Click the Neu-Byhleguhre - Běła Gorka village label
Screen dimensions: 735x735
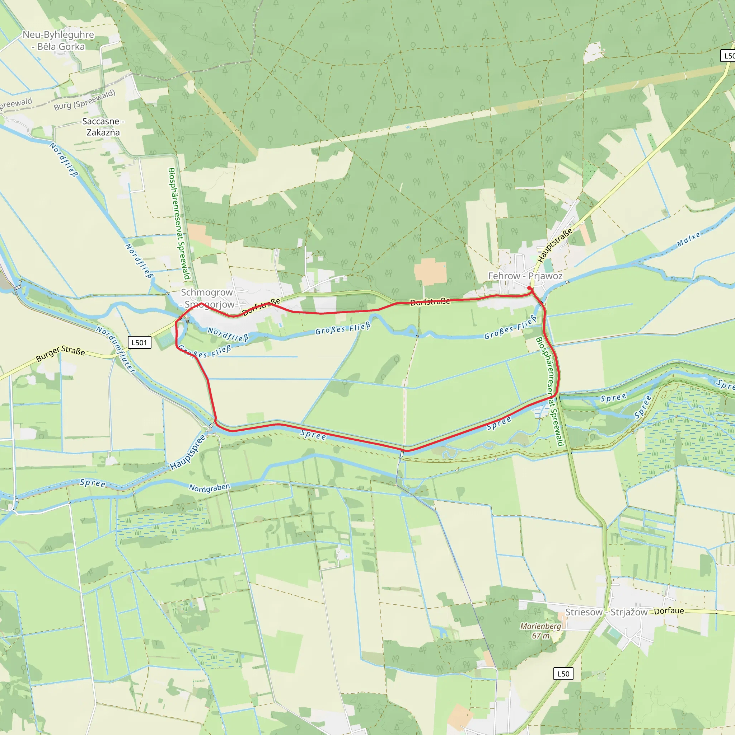pyautogui.click(x=58, y=40)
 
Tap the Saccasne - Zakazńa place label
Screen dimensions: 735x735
pyautogui.click(x=103, y=127)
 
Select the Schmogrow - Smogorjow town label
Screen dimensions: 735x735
pyautogui.click(x=207, y=298)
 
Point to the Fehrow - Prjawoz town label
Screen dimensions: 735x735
pyautogui.click(x=525, y=276)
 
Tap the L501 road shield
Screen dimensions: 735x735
pyautogui.click(x=139, y=342)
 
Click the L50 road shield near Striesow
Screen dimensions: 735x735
pyautogui.click(x=563, y=674)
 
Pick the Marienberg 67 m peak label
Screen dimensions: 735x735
pyautogui.click(x=540, y=631)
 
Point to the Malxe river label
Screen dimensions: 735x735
pyautogui.click(x=689, y=240)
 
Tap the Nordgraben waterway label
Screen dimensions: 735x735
pyautogui.click(x=209, y=488)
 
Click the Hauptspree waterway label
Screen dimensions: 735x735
pyautogui.click(x=188, y=452)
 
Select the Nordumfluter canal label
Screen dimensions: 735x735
pyautogui.click(x=115, y=349)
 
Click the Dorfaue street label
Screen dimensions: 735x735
pyautogui.click(x=669, y=611)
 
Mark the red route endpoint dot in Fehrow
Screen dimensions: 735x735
pyautogui.click(x=530, y=289)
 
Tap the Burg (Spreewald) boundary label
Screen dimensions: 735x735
pyautogui.click(x=84, y=100)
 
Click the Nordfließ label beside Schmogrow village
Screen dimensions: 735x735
pyautogui.click(x=228, y=334)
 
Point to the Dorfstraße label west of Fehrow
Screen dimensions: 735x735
pyautogui.click(x=430, y=302)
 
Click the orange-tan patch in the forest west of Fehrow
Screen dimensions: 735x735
pyautogui.click(x=430, y=272)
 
